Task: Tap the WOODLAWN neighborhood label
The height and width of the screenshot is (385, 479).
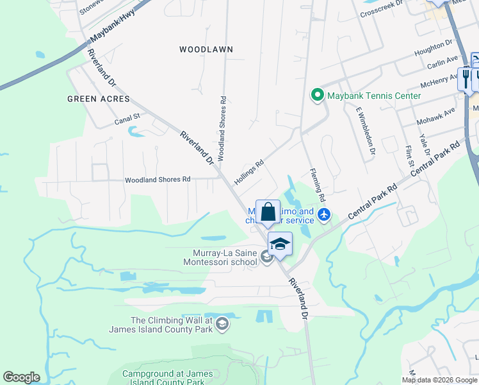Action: (206, 49)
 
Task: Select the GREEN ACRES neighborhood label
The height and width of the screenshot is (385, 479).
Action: (99, 99)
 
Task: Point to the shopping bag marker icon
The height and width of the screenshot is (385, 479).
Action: (268, 211)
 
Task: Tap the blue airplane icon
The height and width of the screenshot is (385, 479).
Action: (325, 214)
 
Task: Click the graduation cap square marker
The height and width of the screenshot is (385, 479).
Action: (280, 243)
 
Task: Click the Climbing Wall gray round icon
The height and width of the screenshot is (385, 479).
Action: (222, 325)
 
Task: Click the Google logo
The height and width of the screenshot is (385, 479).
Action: (21, 377)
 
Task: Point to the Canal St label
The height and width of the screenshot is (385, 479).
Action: (127, 119)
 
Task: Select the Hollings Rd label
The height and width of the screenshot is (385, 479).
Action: (249, 173)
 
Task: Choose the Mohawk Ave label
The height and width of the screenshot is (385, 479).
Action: (436, 114)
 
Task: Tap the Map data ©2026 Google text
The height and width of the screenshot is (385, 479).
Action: (440, 380)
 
